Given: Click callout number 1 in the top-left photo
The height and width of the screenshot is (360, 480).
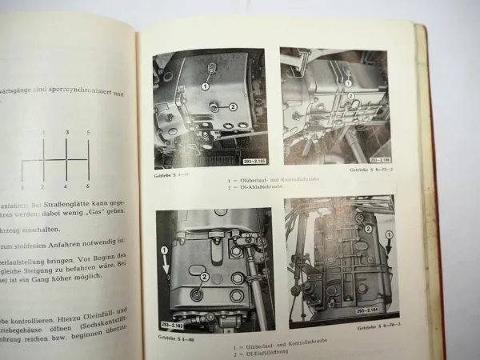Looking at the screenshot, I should tap(206, 86).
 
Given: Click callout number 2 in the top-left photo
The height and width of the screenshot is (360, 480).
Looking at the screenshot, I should tap(233, 106).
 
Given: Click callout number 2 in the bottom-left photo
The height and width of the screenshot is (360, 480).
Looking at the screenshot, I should tap(206, 276).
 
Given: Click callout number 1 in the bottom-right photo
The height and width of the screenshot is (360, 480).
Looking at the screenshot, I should tap(389, 235).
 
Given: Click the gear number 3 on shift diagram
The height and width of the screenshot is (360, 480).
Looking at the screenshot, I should tap(67, 132).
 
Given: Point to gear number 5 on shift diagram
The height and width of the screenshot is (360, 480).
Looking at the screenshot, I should tap(88, 132).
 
